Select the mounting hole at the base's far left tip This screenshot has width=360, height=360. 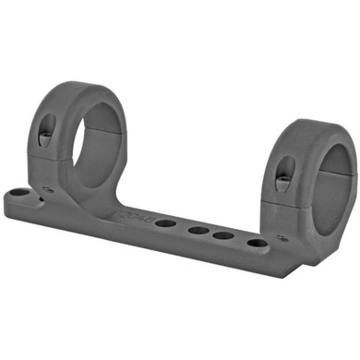pyautogui.click(x=18, y=196)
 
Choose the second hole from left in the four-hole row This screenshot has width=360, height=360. pyautogui.click(x=196, y=231)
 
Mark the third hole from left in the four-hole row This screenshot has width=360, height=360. pyautogui.click(x=222, y=236)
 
